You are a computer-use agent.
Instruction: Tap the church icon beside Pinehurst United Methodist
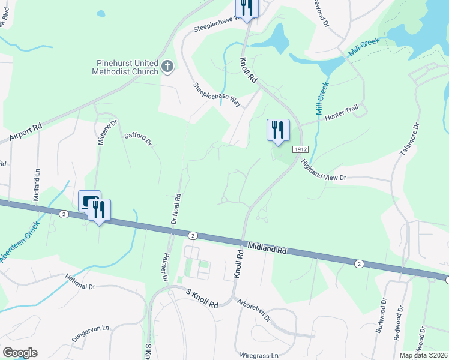click(167, 66)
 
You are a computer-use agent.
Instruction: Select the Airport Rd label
click(25, 133)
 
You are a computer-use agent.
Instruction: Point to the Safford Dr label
click(138, 139)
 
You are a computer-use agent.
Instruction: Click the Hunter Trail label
click(341, 116)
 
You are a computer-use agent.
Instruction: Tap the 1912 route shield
click(300, 149)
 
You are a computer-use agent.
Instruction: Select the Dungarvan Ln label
click(90, 334)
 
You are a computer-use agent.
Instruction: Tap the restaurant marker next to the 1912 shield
click(278, 130)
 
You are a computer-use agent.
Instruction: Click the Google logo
click(20, 353)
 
